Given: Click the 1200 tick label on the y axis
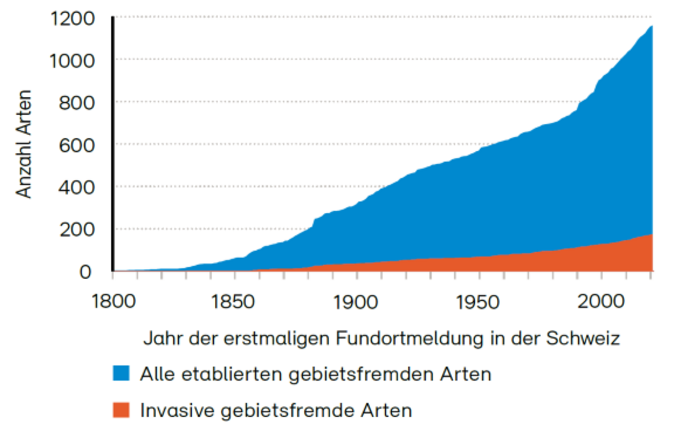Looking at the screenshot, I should pyautogui.click(x=72, y=19).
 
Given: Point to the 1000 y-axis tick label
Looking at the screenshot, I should pyautogui.click(x=72, y=61).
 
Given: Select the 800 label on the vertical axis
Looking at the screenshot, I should pyautogui.click(x=77, y=103).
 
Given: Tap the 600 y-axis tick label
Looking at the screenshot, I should pyautogui.click(x=77, y=145).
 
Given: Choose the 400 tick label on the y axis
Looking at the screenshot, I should pyautogui.click(x=77, y=187).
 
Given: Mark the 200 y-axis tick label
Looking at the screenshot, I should pyautogui.click(x=77, y=230).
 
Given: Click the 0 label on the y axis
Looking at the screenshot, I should pyautogui.click(x=86, y=272).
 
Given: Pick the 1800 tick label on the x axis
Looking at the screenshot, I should pyautogui.click(x=114, y=301).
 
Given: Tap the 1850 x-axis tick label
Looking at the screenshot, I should pyautogui.click(x=233, y=301).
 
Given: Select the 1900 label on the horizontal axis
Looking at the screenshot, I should pyautogui.click(x=355, y=301).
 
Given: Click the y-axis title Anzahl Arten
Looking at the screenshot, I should pyautogui.click(x=24, y=144).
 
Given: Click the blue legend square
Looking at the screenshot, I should pyautogui.click(x=121, y=373).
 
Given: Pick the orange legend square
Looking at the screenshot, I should pyautogui.click(x=121, y=409).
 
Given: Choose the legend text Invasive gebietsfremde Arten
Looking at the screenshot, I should pyautogui.click(x=276, y=410).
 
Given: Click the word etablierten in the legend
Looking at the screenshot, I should pyautogui.click(x=233, y=374).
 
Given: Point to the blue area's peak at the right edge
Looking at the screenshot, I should pyautogui.click(x=652, y=27).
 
